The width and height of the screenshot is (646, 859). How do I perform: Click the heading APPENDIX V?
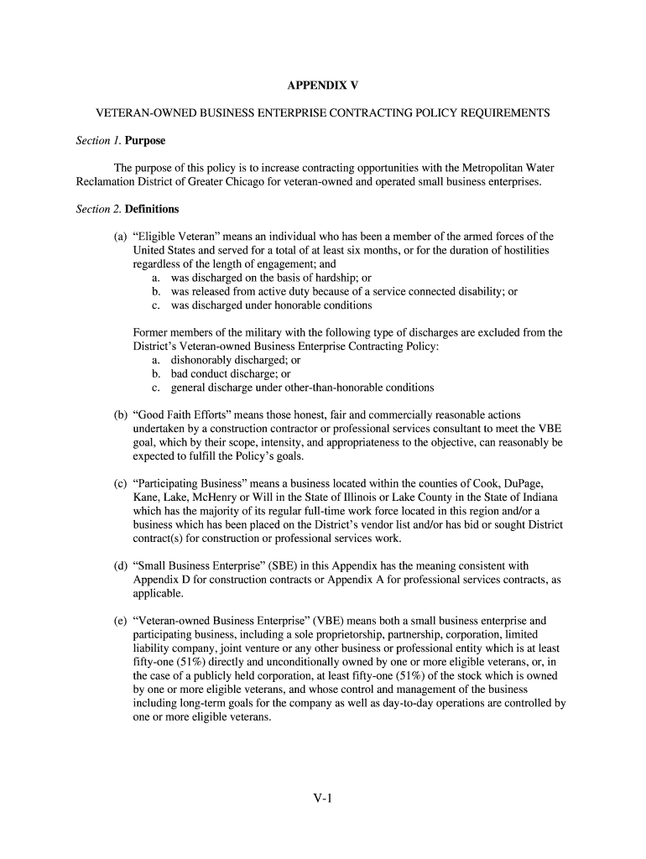pyautogui.click(x=323, y=86)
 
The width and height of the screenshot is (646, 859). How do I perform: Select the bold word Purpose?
pyautogui.click(x=146, y=140)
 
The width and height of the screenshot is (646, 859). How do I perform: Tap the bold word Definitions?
pyautogui.click(x=152, y=209)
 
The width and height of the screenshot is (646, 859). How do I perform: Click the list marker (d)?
pyautogui.click(x=121, y=565)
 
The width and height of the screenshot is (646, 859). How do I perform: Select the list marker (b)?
pyautogui.click(x=121, y=414)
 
